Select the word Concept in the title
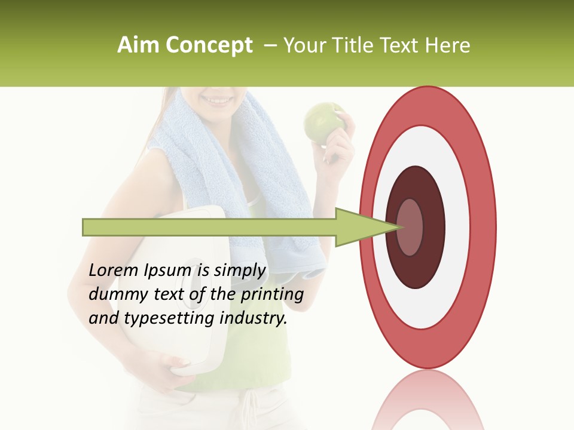coord(209,45)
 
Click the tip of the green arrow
coord(397,227)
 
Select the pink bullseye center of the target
coord(410,227)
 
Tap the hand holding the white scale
coord(174,364)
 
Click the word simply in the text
coord(239,271)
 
